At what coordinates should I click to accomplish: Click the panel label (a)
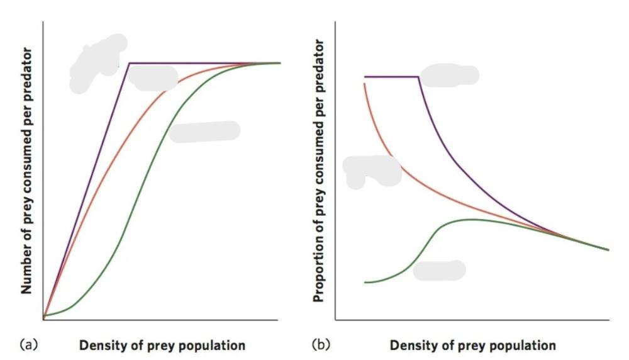click(x=29, y=345)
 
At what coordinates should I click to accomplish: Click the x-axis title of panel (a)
click(x=162, y=346)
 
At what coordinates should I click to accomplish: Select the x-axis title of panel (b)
click(x=472, y=346)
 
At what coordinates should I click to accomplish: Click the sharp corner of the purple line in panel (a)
click(x=129, y=63)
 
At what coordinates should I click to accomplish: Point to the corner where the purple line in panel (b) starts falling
click(x=419, y=77)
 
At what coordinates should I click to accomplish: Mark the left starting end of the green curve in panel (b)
click(x=365, y=283)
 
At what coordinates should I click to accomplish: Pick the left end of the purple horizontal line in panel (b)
click(x=365, y=77)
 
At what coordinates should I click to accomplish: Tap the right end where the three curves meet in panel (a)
click(x=279, y=63)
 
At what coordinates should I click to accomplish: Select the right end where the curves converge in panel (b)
click(x=608, y=250)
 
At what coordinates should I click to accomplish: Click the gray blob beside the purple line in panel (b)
click(x=450, y=76)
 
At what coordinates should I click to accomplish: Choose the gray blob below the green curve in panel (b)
click(x=439, y=270)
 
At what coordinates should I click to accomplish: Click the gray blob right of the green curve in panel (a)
click(x=204, y=132)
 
